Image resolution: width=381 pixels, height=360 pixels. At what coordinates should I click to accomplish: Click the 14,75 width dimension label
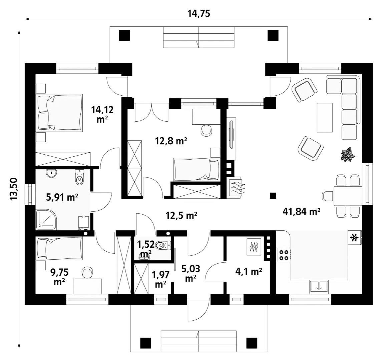[199, 14]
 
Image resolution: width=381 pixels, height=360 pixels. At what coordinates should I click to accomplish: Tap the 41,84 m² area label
[301, 211]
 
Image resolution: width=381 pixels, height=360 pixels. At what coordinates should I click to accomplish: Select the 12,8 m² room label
[171, 141]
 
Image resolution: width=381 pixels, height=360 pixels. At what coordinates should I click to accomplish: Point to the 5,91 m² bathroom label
[62, 197]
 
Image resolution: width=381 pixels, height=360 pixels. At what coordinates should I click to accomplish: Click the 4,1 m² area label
[249, 271]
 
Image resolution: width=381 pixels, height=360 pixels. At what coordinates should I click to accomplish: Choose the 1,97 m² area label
[160, 279]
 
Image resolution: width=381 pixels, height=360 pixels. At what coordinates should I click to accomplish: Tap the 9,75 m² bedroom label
[59, 277]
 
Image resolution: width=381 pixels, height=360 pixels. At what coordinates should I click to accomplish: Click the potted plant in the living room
[348, 154]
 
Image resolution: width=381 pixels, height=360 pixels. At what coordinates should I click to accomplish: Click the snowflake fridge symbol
[354, 237]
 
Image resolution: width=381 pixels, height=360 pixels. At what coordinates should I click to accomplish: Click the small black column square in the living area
[273, 195]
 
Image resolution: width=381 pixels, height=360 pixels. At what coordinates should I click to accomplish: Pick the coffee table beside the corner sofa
[325, 117]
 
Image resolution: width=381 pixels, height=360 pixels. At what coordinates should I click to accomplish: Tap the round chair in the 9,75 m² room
[87, 272]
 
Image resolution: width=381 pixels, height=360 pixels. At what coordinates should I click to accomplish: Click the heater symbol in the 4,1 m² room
[254, 247]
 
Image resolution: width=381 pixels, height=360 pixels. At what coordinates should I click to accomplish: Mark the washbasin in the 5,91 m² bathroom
[51, 173]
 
